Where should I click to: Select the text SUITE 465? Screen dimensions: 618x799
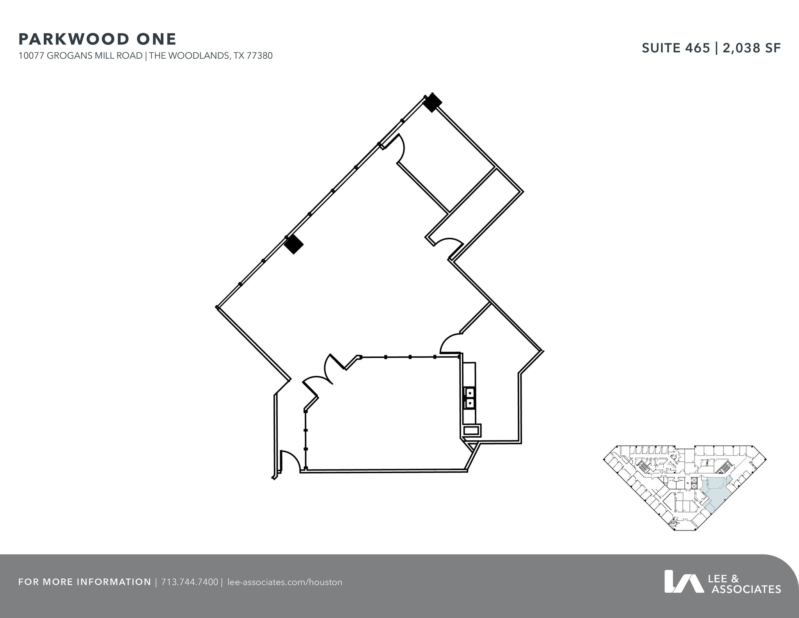tap(676, 48)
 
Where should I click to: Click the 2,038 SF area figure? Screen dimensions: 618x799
tap(752, 48)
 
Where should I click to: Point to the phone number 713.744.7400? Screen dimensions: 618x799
tap(190, 582)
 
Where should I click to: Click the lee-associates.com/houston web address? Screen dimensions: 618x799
tap(284, 582)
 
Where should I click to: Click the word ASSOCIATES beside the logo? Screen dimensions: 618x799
tap(746, 589)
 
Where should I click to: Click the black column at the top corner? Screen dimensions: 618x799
tap(432, 103)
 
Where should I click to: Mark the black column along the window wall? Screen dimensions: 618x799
tap(294, 245)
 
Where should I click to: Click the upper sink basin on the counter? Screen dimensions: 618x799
tap(470, 392)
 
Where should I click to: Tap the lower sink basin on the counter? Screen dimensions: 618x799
tap(470, 403)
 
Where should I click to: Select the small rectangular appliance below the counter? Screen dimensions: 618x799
tap(471, 430)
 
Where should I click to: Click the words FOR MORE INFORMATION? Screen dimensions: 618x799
tap(85, 582)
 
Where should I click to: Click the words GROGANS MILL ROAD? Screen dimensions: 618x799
tap(94, 56)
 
